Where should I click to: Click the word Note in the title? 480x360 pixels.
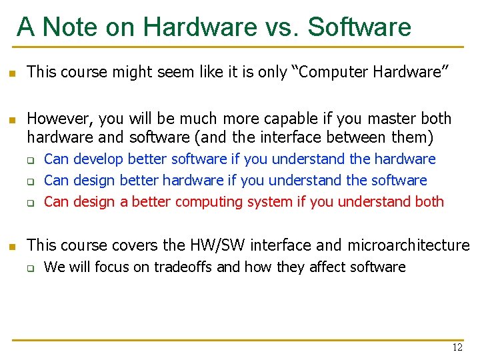[x=83, y=27]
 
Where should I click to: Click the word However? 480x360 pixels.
[x=61, y=119]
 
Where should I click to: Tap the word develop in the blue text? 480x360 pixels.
[x=98, y=159]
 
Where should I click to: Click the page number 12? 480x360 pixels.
[x=457, y=347]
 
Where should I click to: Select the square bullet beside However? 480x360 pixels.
[x=11, y=120]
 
